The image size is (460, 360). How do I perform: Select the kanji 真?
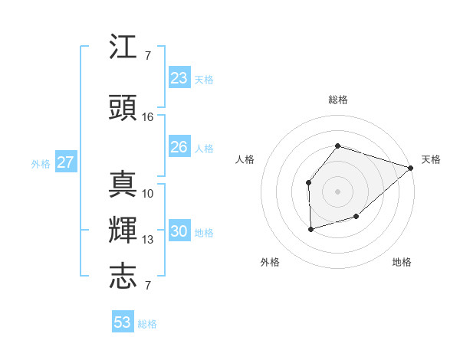123,184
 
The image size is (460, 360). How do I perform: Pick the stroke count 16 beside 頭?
148,117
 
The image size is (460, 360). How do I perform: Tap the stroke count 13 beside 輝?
148,240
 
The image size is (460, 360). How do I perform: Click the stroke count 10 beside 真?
148,193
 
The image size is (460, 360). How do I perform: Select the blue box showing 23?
179,78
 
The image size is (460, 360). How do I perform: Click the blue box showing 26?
179,147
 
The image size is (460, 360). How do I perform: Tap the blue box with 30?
179,232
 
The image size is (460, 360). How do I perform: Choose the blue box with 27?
66,162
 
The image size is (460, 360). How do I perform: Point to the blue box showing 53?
123,322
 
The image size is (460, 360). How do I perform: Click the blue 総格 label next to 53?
148,324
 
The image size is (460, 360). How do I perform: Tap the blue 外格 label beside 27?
41,164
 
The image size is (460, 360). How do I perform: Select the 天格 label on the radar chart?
431,159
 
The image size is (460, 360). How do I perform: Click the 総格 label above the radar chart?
338,100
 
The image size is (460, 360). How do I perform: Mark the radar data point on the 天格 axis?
411,167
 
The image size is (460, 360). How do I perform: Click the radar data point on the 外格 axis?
310,229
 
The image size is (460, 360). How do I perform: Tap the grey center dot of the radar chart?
337,191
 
